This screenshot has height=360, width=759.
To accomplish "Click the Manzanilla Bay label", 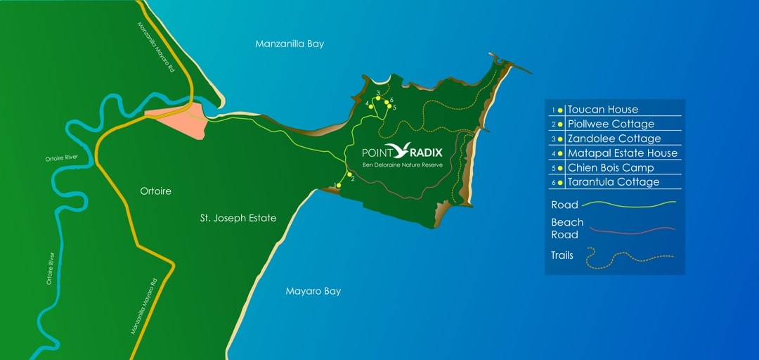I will click(290, 44).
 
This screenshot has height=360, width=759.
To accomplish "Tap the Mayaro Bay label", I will click(313, 291).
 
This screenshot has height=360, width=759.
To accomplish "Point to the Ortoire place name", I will click(155, 191).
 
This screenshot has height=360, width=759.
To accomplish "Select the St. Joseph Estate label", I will click(238, 219).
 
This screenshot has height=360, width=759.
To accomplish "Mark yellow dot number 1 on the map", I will click(339, 186).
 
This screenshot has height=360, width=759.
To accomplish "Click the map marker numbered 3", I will click(378, 98).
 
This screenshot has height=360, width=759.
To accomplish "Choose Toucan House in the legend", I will click(603, 110).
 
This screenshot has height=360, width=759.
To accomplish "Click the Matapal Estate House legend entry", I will click(623, 153).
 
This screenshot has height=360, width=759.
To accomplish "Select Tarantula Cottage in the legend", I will click(614, 182).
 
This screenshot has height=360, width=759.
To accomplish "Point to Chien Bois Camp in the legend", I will click(611, 168).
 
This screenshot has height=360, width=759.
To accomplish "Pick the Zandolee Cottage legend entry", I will click(614, 139).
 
